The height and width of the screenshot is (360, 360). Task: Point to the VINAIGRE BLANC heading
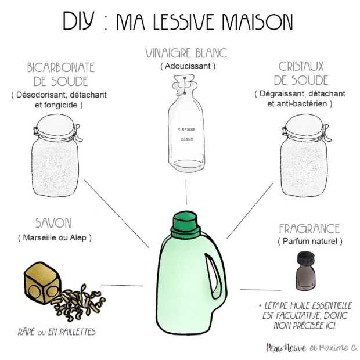pos(185,54)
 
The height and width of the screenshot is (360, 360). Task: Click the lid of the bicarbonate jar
pos(56,123)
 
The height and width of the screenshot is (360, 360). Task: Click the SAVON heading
pos(53,223)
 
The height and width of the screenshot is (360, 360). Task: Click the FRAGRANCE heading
pos(309,228)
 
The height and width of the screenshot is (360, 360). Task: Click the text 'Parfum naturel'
pos(309,241)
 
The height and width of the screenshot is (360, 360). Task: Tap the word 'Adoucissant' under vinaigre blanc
pos(188,66)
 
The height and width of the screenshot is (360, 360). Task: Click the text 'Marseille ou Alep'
pos(55,237)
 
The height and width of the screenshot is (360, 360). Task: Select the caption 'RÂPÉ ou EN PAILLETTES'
pos(56,333)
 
